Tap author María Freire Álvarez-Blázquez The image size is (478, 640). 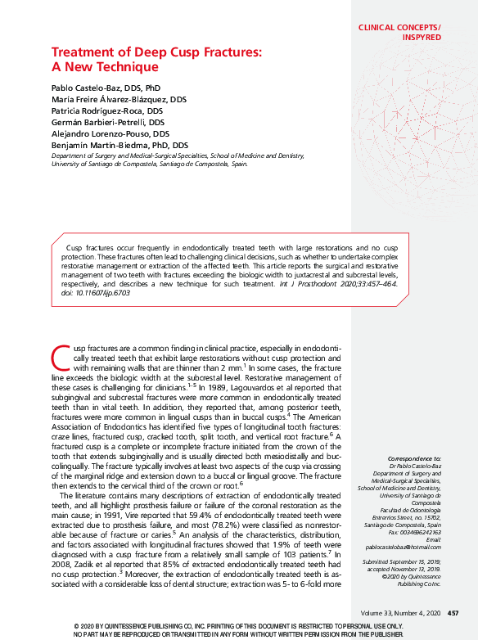click(x=118, y=98)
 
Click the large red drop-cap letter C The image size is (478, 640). click(x=59, y=358)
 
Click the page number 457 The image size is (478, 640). click(x=453, y=613)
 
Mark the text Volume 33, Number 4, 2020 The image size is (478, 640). click(x=399, y=613)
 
